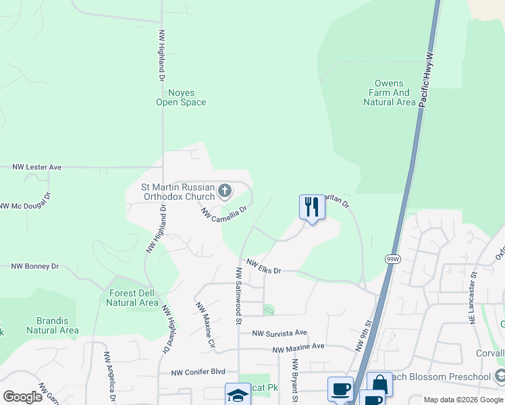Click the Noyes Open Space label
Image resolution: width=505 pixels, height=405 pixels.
pyautogui.click(x=181, y=97)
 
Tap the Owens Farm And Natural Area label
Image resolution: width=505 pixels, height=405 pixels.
pyautogui.click(x=389, y=92)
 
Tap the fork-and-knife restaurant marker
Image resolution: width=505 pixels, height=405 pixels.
pyautogui.click(x=312, y=207)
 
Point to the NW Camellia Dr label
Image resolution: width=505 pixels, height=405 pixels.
pyautogui.click(x=224, y=214)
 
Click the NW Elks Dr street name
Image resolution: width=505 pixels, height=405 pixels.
pyautogui.click(x=263, y=266)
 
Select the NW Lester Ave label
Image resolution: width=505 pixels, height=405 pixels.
pyautogui.click(x=37, y=167)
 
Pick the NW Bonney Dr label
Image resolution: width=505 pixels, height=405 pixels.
pyautogui.click(x=35, y=267)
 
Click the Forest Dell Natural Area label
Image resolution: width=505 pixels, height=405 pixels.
pyautogui.click(x=132, y=298)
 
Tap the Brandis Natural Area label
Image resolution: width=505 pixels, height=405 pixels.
pyautogui.click(x=53, y=325)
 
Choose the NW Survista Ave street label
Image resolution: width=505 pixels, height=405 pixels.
pyautogui.click(x=280, y=333)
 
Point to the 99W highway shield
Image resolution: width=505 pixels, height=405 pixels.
pyautogui.click(x=394, y=259)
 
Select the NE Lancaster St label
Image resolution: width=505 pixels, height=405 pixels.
pyautogui.click(x=474, y=297)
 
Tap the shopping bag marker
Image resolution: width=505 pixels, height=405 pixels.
pyautogui.click(x=379, y=384)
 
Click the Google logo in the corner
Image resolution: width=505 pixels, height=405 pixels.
pyautogui.click(x=22, y=397)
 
